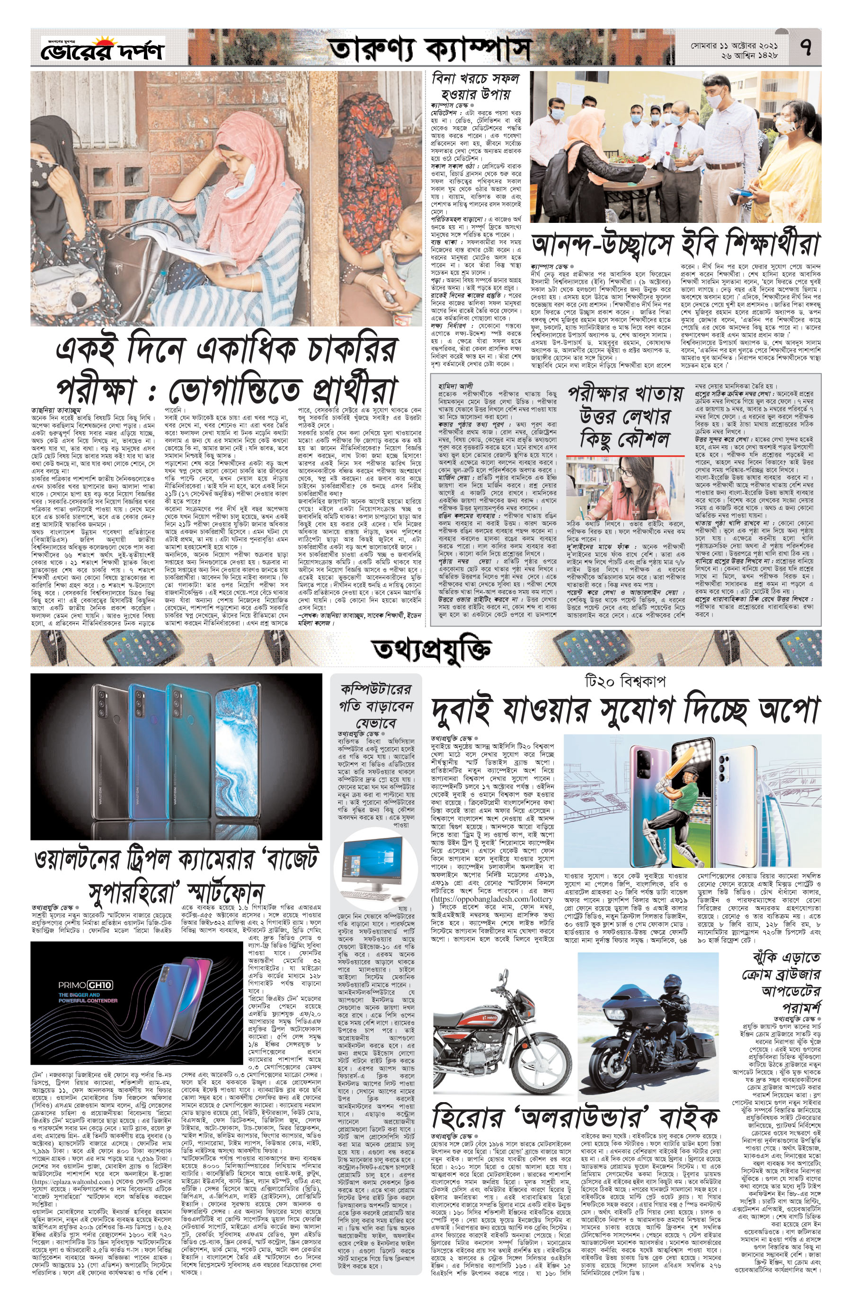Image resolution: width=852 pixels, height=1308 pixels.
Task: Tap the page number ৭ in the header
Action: (x=806, y=48)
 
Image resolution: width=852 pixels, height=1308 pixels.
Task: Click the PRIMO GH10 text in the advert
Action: (x=88, y=984)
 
